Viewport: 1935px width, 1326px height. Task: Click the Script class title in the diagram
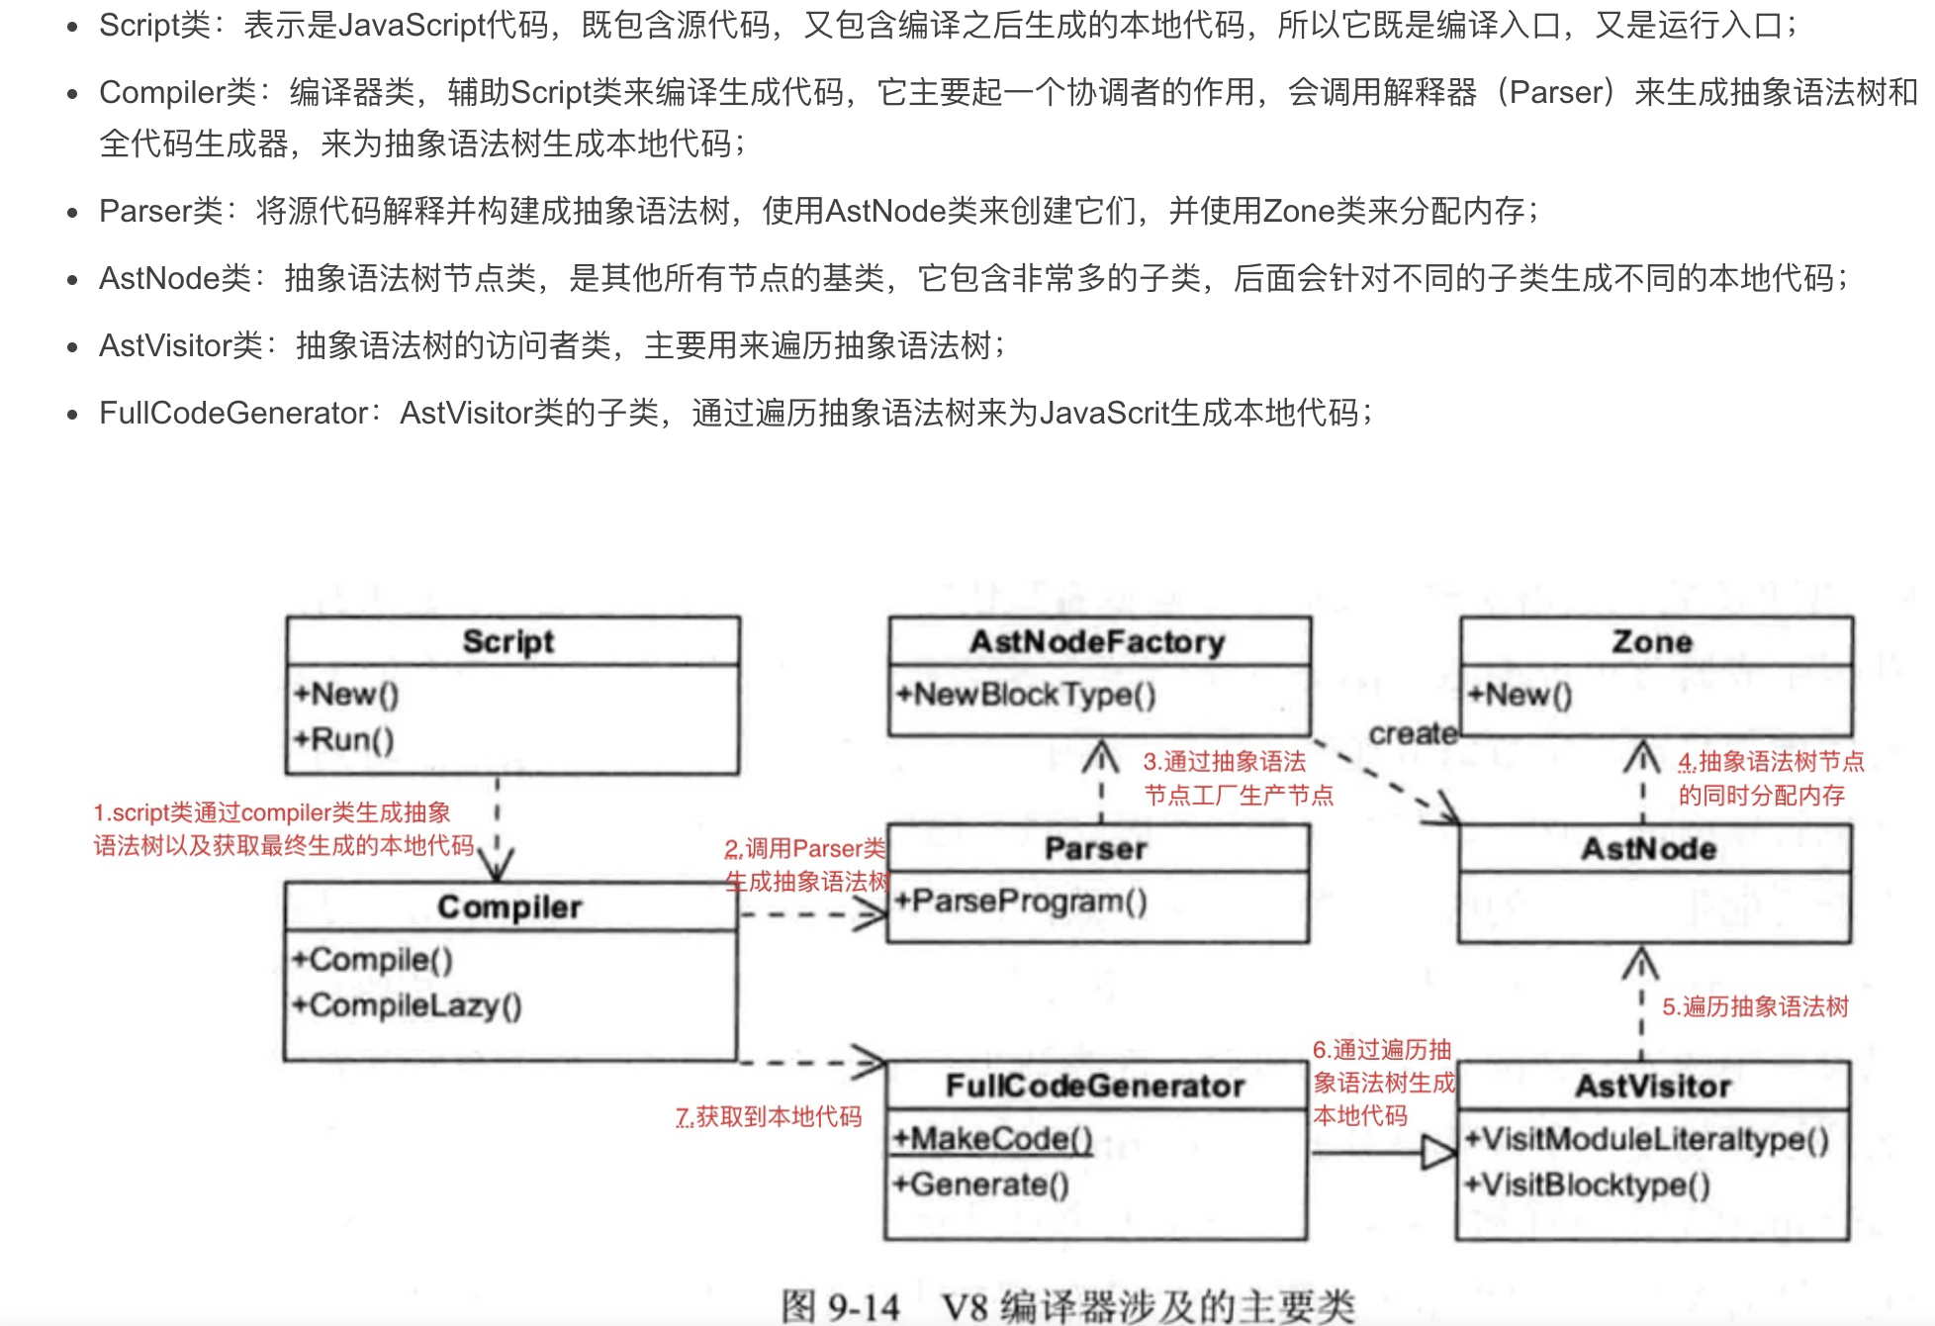tap(508, 641)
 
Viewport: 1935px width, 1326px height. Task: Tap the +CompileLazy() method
tap(407, 1005)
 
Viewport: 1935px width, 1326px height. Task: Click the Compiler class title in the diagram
tap(508, 906)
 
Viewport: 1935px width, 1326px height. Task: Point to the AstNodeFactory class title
tap(1097, 641)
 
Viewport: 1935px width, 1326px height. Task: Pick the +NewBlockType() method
tap(1025, 695)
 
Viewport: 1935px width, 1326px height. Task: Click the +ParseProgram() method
tap(1020, 900)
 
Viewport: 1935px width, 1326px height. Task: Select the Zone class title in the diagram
tap(1652, 641)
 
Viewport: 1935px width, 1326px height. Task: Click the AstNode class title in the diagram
tap(1648, 848)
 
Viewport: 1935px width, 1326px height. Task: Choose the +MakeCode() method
tap(992, 1139)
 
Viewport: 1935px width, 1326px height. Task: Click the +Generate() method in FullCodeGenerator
tap(980, 1184)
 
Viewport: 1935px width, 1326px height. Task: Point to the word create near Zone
tap(1413, 733)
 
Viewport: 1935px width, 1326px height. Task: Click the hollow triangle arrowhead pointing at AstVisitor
tap(1437, 1153)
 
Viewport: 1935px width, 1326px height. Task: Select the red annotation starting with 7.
tap(769, 1116)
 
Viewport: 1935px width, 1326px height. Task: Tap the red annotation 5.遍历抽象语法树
tap(1755, 1006)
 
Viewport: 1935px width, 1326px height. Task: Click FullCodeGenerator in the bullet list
tap(233, 413)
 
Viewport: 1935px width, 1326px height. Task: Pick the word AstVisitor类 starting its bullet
tap(181, 345)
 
